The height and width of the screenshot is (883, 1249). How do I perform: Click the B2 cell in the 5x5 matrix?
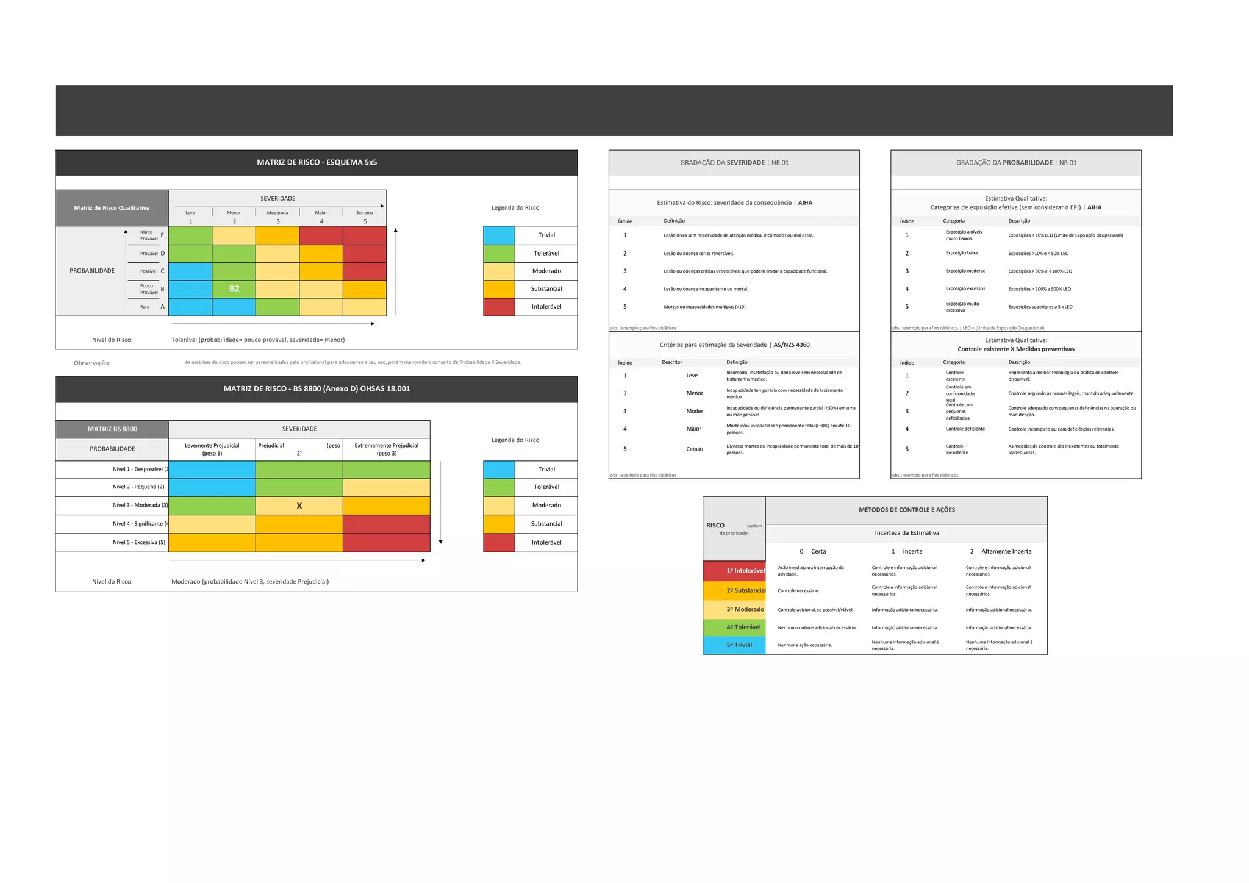234,289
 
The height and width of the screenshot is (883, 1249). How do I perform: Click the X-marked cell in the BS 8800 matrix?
299,506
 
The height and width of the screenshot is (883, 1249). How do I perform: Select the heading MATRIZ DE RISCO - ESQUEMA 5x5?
317,162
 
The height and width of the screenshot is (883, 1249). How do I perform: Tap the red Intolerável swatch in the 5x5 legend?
499,307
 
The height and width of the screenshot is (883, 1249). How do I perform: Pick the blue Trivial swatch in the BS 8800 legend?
499,470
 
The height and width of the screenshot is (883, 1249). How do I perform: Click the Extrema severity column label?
365,213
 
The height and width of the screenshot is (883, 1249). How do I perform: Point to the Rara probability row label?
145,307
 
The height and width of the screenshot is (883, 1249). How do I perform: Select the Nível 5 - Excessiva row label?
139,542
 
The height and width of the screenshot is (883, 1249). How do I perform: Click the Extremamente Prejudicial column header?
387,449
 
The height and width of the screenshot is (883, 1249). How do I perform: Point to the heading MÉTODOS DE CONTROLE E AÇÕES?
907,510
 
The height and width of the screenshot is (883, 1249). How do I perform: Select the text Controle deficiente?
965,429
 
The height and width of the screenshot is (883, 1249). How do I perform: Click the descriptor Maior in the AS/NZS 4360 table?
693,429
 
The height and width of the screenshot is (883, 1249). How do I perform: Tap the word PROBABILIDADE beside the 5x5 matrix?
92,271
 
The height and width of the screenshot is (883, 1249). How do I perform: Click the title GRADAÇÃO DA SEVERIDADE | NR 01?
734,163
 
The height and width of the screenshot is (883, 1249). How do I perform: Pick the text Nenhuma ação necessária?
804,645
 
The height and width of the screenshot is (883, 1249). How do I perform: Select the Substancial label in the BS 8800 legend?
546,524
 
